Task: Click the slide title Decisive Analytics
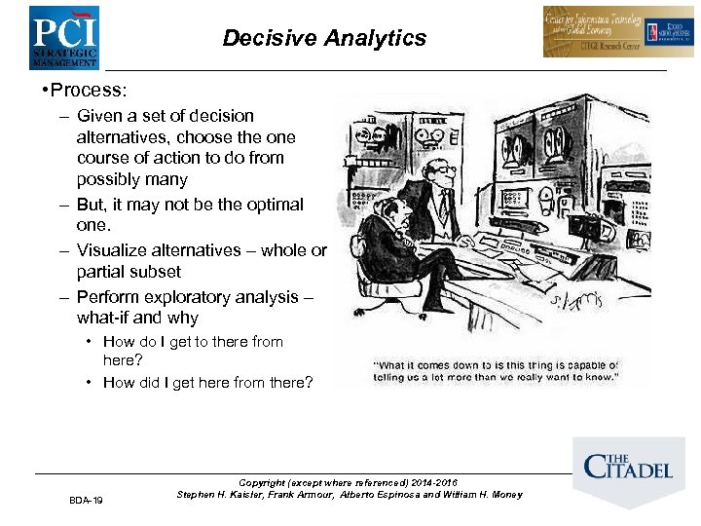tap(324, 38)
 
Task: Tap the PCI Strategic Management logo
tap(63, 37)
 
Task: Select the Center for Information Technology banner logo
tap(605, 32)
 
